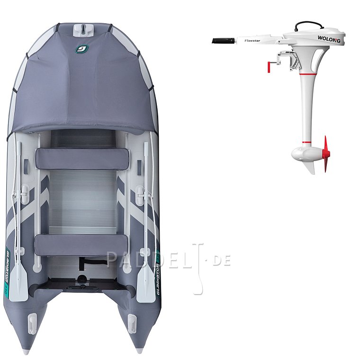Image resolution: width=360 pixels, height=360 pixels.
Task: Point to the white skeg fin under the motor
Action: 310,166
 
